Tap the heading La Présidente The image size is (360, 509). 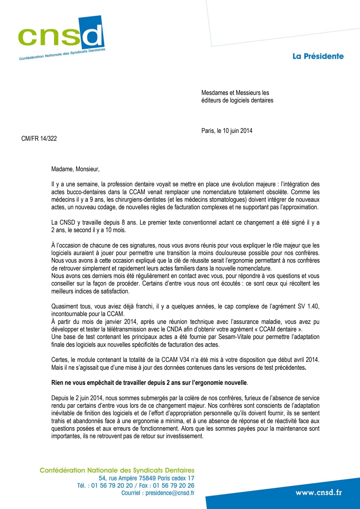pos(318,56)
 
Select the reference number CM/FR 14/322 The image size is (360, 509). pos(39,138)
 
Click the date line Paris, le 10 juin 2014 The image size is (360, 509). pos(227,131)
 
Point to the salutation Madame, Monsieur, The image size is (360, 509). pos(75,169)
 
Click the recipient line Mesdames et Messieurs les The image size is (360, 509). pos(235,93)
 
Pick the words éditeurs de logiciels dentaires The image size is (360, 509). pos(237,100)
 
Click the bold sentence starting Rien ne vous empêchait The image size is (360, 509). pos(149,383)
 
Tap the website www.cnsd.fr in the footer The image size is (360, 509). pos(318,492)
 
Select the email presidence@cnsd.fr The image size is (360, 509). pos(170,493)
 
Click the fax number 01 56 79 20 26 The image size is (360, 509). pos(174,485)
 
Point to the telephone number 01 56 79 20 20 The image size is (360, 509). pos(112,485)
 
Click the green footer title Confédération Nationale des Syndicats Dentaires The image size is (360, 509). pos(117,470)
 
